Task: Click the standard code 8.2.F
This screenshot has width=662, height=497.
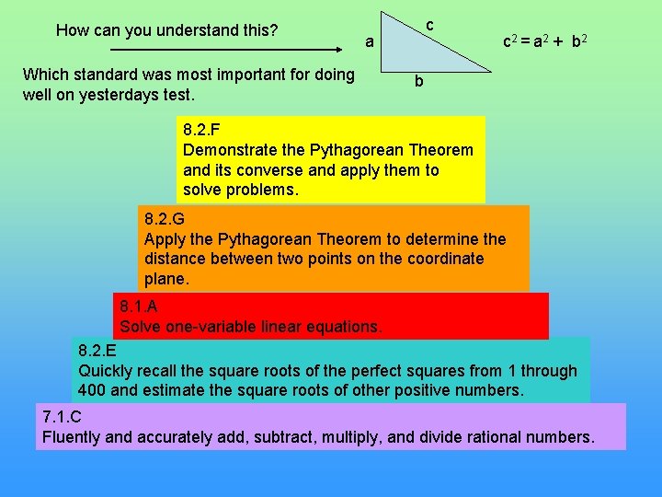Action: [x=201, y=130]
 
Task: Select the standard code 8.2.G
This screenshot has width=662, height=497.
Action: [x=163, y=220]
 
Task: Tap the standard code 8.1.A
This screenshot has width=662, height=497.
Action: [x=139, y=307]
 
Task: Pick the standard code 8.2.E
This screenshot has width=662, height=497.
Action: [x=97, y=351]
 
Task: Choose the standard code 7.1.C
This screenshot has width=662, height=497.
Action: [x=62, y=417]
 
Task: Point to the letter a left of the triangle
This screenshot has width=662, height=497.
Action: [x=369, y=41]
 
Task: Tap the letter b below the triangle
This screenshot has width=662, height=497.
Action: [x=418, y=82]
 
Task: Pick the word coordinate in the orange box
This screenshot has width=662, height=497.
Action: [x=437, y=259]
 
